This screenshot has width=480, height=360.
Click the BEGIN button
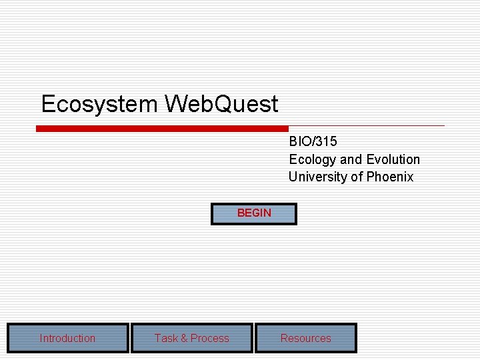point(254,213)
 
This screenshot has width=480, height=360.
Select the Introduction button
point(67,338)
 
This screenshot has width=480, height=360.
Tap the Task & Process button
point(192,338)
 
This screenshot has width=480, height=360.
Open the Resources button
point(306,338)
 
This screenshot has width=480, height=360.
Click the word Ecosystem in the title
point(99,104)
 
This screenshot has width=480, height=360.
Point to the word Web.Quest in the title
point(221,104)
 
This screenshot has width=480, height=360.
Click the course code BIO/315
point(313,141)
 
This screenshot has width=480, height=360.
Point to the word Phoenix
point(390,177)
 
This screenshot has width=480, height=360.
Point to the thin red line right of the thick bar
point(367,125)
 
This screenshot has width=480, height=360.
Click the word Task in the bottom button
point(166,338)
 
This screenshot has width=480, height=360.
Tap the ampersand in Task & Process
point(184,338)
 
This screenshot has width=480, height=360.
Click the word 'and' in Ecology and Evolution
point(351,159)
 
